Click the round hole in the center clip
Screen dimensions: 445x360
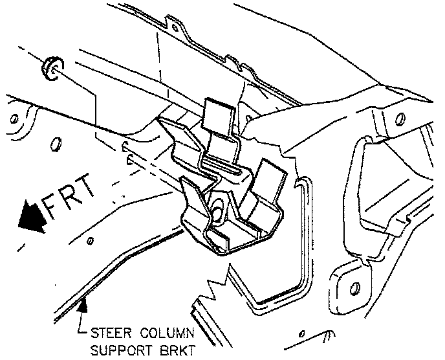[217, 208]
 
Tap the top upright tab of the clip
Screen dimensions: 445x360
[218, 115]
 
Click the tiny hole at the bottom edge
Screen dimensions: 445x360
[302, 335]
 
